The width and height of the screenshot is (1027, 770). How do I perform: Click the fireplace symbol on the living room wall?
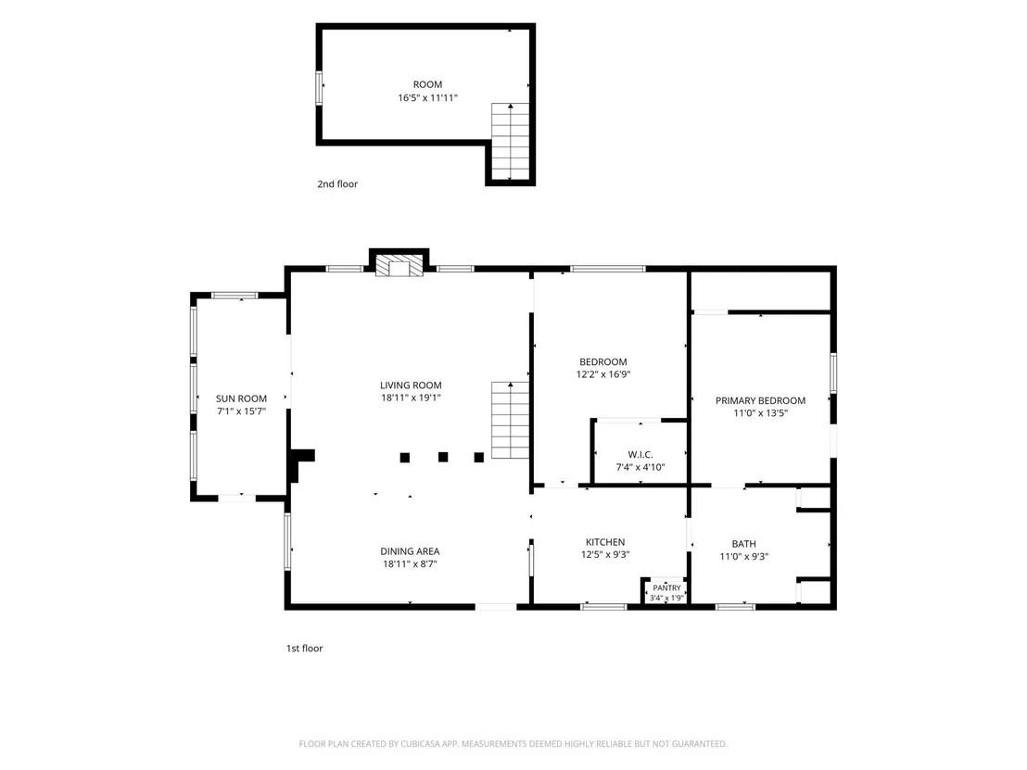(x=399, y=265)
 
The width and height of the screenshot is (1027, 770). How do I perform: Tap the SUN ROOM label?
(x=241, y=398)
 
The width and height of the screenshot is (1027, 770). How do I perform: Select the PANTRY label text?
(x=666, y=588)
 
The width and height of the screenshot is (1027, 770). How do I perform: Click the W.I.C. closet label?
(x=640, y=454)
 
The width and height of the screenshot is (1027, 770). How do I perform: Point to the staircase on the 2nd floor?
(x=510, y=142)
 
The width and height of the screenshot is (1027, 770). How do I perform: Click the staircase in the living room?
(x=510, y=421)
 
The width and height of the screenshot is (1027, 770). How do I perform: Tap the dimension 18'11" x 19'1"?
(x=411, y=398)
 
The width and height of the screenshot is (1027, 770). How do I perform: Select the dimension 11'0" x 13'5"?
(x=760, y=413)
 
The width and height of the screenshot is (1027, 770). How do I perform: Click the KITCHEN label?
(x=605, y=542)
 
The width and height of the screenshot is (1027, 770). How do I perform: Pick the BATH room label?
(x=743, y=544)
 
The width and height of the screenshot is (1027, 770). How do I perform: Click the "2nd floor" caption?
(x=337, y=184)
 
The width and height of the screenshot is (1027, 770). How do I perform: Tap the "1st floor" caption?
(x=305, y=649)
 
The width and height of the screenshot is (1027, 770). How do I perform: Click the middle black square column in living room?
(x=443, y=457)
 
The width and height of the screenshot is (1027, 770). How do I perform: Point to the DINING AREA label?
(x=410, y=551)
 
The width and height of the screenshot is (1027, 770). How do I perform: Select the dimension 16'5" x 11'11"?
(x=427, y=97)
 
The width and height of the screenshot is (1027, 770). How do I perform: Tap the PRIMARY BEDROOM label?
(x=760, y=400)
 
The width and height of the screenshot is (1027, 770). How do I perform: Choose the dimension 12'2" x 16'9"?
(x=603, y=374)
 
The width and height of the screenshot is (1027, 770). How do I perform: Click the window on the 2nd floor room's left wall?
(x=320, y=88)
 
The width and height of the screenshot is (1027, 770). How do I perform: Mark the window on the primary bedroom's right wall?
(x=833, y=373)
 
